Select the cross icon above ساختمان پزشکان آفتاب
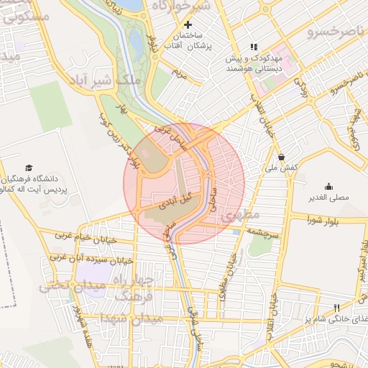(x=188, y=24)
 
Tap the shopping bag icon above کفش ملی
(x=281, y=155)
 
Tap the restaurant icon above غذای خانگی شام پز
(x=338, y=308)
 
